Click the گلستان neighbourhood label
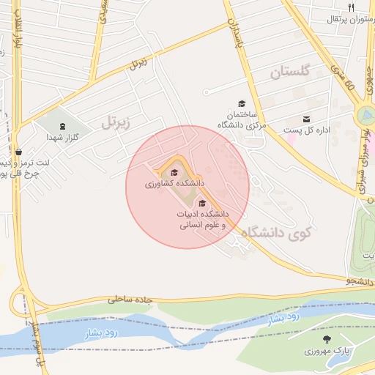[290, 72]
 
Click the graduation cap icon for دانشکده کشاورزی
[174, 172]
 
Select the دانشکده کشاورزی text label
[174, 184]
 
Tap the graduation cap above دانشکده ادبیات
[202, 203]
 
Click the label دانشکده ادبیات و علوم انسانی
[202, 220]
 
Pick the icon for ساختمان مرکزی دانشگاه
[242, 104]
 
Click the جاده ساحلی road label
[133, 299]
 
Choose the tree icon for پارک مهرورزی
[327, 339]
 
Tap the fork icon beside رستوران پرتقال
[352, 7]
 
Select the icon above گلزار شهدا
[62, 126]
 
